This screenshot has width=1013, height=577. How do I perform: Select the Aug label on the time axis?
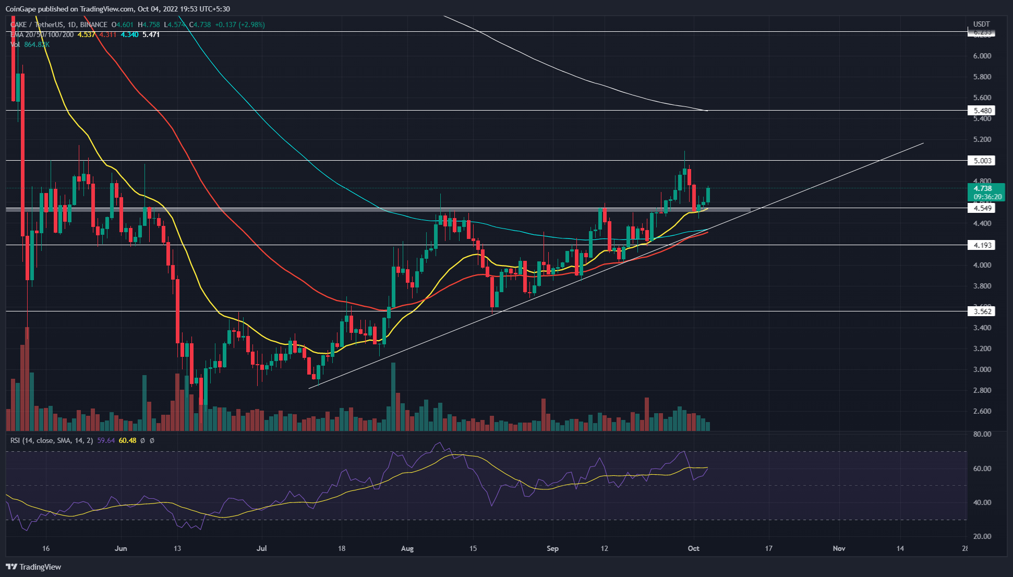[407, 548]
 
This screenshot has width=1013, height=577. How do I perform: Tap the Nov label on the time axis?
[839, 548]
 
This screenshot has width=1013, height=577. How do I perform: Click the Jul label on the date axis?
[261, 548]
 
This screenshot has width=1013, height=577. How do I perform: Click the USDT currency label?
[981, 24]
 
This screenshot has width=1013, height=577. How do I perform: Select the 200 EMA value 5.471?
[151, 34]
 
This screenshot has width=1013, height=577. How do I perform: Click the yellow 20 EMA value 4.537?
[87, 34]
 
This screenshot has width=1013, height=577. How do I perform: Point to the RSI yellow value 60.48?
[127, 440]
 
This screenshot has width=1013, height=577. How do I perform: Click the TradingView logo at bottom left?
[34, 567]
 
